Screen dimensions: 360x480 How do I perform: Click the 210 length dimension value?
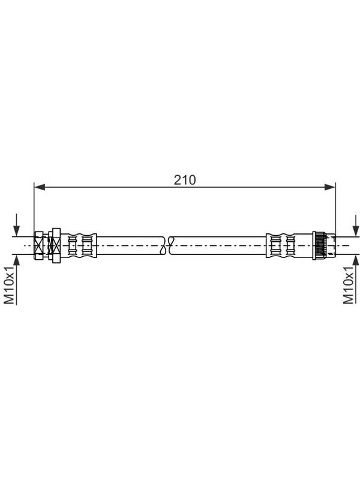(x=185, y=180)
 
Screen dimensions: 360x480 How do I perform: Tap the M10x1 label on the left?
(x=10, y=285)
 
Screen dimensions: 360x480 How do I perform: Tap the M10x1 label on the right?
(x=349, y=285)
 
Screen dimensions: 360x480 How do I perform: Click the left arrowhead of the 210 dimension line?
(x=40, y=187)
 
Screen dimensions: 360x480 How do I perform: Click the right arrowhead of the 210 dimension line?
(x=330, y=187)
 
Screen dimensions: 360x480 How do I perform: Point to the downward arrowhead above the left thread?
(x=17, y=231)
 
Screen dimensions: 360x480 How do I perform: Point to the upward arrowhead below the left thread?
(x=17, y=260)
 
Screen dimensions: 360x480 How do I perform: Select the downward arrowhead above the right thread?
(x=356, y=231)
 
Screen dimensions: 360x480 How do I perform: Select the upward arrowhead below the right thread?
(x=356, y=260)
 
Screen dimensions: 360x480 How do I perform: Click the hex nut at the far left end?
(x=38, y=245)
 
